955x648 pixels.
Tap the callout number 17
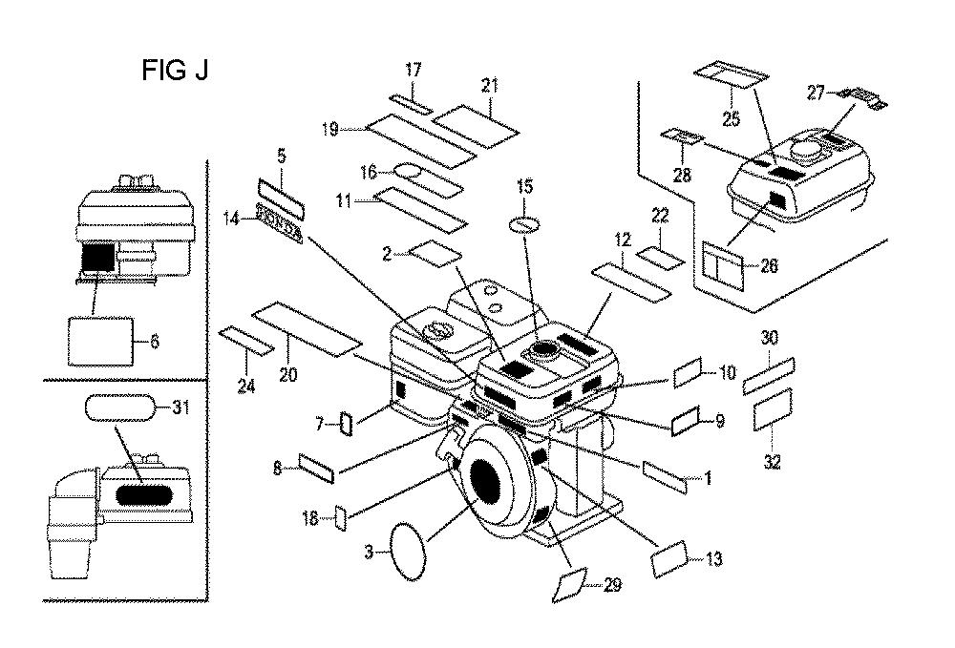(413, 70)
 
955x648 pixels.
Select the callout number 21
(490, 86)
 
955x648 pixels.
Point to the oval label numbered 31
(120, 407)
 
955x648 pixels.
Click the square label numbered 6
(101, 339)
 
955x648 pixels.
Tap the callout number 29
(612, 585)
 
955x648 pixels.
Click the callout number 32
(772, 462)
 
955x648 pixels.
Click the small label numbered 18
(338, 518)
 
